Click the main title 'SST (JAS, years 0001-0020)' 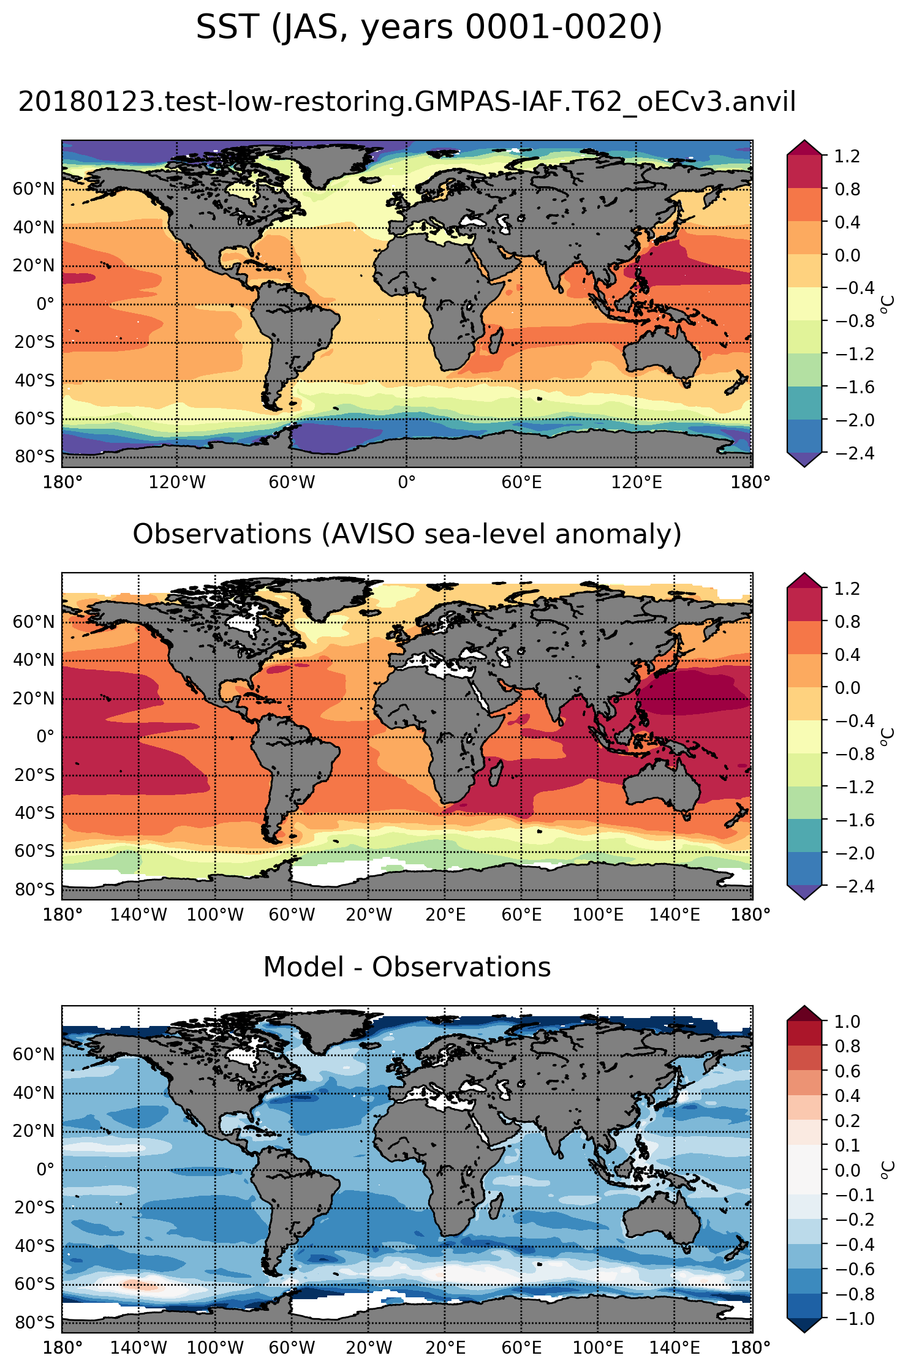click(x=429, y=28)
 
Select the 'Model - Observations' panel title click(x=407, y=967)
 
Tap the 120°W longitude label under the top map click(x=177, y=482)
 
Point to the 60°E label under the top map click(x=521, y=482)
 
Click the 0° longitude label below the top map click(x=407, y=482)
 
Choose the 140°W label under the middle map click(x=138, y=915)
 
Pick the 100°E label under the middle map click(x=598, y=915)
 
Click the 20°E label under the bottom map click(x=445, y=1348)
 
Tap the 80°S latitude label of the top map click(x=34, y=457)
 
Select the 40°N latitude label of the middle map click(x=34, y=660)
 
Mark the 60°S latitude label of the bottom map click(x=34, y=1284)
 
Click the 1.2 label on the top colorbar click(x=847, y=156)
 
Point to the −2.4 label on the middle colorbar click(x=851, y=886)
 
